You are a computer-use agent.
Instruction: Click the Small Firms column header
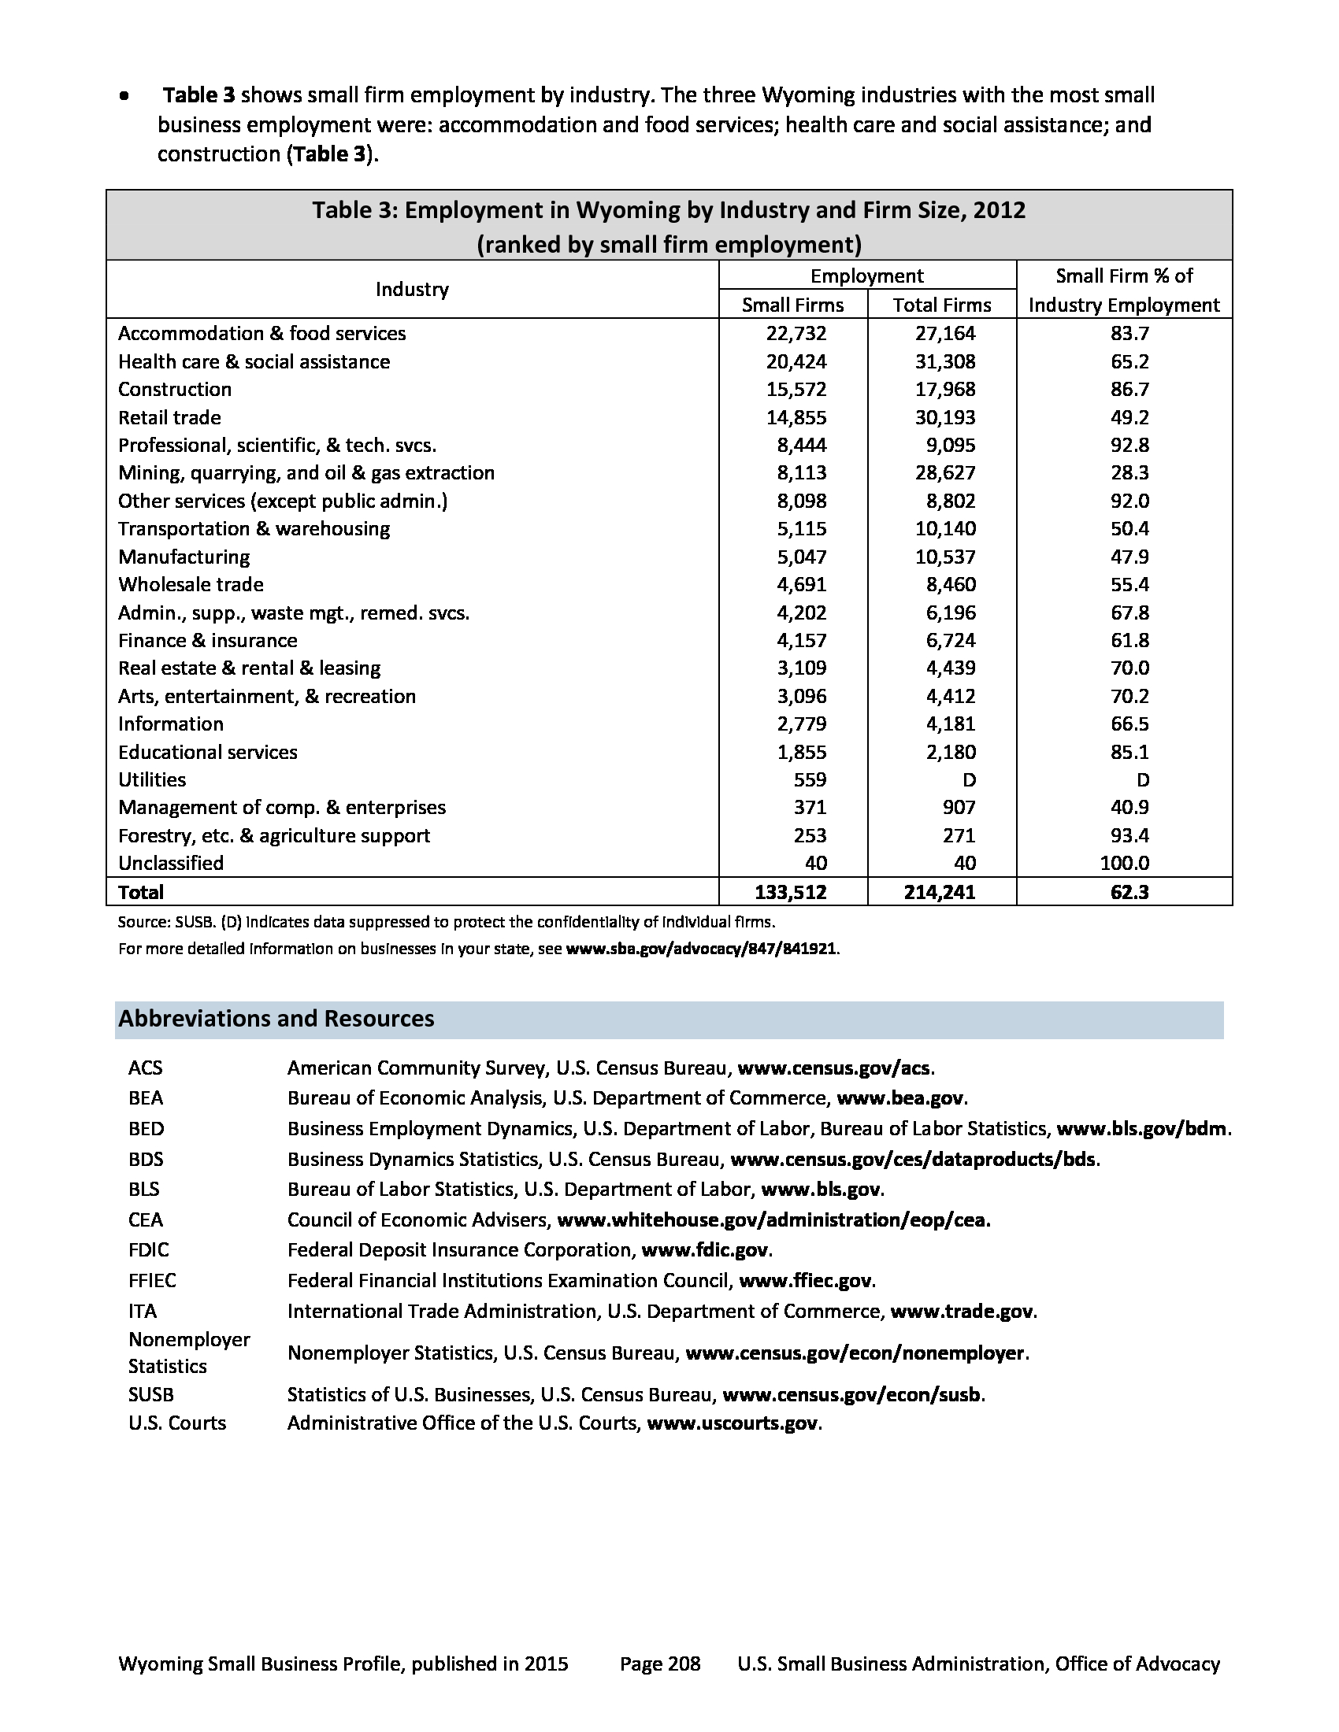click(x=792, y=305)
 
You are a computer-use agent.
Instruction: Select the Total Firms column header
click(x=941, y=305)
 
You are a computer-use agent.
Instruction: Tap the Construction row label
click(x=175, y=390)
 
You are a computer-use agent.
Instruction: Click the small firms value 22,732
click(x=796, y=333)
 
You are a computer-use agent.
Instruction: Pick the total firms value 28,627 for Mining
click(x=944, y=472)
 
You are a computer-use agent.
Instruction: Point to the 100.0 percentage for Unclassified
click(x=1125, y=863)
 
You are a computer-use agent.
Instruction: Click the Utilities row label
click(x=151, y=779)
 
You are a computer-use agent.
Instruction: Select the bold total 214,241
click(x=940, y=892)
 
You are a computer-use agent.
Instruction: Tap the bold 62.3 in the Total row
click(x=1129, y=892)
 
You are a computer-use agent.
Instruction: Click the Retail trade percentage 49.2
click(x=1129, y=417)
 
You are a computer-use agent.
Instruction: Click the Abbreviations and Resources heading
click(x=276, y=1018)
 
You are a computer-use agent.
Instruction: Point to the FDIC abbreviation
click(x=148, y=1250)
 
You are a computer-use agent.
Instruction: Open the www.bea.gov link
click(x=900, y=1098)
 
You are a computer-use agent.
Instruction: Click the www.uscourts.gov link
click(x=733, y=1423)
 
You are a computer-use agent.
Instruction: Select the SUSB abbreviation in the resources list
click(x=150, y=1394)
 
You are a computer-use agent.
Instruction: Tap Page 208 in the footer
click(x=660, y=1664)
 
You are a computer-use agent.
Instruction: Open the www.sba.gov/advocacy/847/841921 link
click(x=700, y=949)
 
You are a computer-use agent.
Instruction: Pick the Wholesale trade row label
click(x=191, y=584)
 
